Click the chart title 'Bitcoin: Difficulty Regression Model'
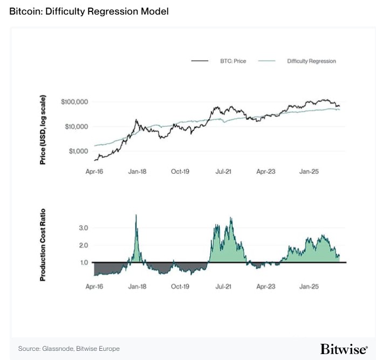tap(89, 11)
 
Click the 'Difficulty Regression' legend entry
tap(311, 61)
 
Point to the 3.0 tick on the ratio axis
tap(83, 228)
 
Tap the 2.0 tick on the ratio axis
tap(83, 246)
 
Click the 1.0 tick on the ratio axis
tap(83, 263)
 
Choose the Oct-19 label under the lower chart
tap(180, 286)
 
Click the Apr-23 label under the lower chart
tap(265, 286)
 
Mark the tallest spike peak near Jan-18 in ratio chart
tap(136, 215)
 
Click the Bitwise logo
tap(343, 349)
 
